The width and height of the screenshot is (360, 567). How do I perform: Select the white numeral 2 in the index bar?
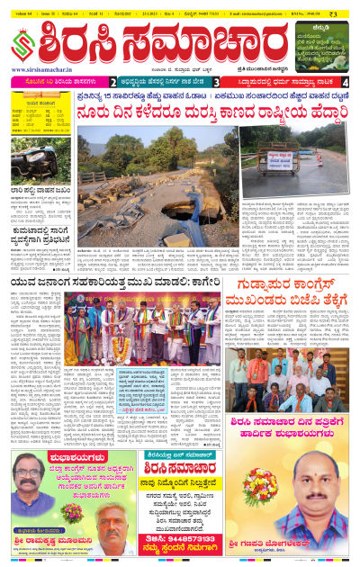pos(112,80)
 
